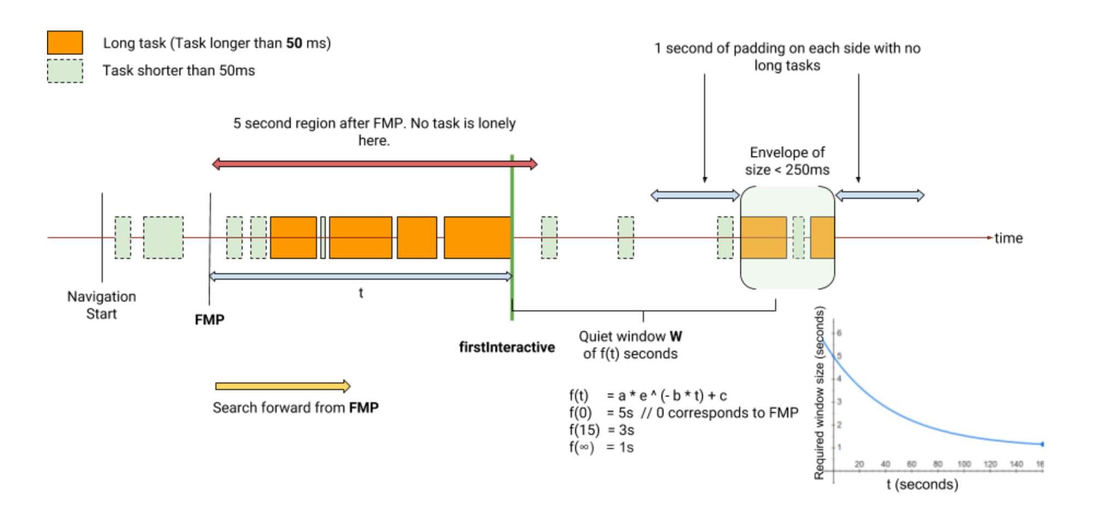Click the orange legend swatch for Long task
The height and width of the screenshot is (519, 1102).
coord(65,43)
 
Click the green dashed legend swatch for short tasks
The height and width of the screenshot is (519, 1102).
coord(65,70)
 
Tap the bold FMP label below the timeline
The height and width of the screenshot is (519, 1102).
coord(209,320)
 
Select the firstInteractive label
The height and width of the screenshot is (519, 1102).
coord(507,347)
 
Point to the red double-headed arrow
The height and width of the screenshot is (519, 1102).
coord(375,164)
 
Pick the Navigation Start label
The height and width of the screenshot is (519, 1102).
coord(102,305)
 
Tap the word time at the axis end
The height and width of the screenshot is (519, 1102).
coord(1009,238)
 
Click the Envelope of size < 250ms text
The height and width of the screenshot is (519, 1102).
coord(787,161)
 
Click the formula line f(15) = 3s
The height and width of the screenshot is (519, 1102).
coord(601,430)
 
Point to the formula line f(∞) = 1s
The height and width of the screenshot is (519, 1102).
coord(601,447)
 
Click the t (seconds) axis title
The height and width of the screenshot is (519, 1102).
coord(922,485)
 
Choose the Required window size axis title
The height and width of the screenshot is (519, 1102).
coord(819,393)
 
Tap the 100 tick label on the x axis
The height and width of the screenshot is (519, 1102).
coord(964,464)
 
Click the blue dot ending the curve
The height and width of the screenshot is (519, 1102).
coord(1042,444)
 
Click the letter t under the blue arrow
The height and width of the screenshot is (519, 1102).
coord(361,293)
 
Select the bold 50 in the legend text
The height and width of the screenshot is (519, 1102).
coord(294,43)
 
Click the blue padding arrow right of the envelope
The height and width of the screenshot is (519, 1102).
coord(880,196)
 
